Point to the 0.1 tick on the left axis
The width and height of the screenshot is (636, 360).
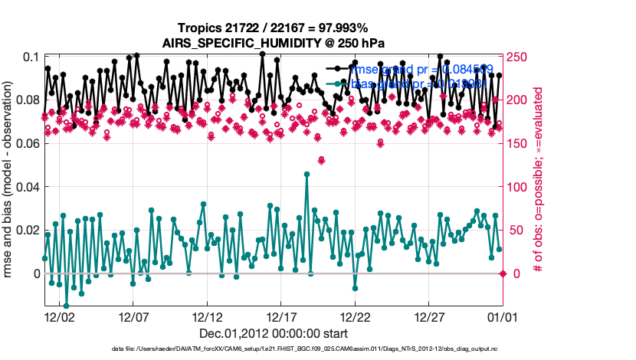pyautogui.click(x=30, y=57)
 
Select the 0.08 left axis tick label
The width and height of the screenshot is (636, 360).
pyautogui.click(x=25, y=100)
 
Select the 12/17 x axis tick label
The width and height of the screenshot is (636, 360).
pyautogui.click(x=281, y=316)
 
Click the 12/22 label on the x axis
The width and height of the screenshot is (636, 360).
pyautogui.click(x=356, y=316)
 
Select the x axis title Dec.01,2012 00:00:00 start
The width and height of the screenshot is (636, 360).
pyautogui.click(x=273, y=333)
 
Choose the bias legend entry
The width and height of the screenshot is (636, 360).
pyautogui.click(x=417, y=83)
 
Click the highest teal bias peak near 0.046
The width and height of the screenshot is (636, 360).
pyautogui.click(x=307, y=174)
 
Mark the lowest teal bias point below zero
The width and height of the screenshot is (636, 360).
pyautogui.click(x=66, y=306)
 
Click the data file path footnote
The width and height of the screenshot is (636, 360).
pyautogui.click(x=273, y=349)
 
